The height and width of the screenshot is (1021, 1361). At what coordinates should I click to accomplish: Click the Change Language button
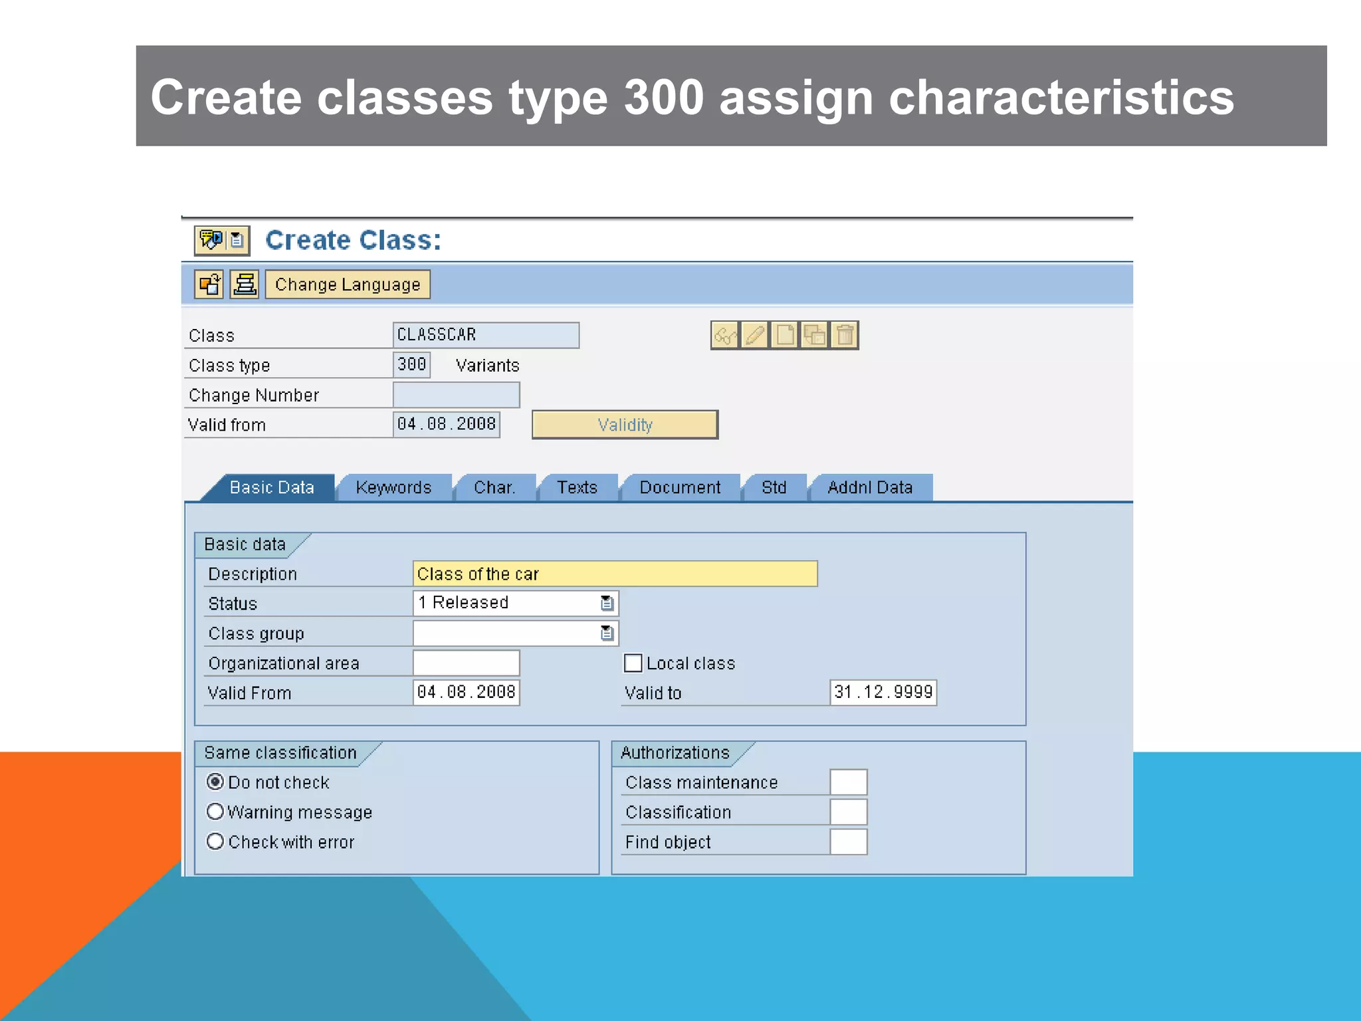coord(348,284)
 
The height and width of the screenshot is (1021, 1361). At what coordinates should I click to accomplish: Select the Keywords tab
coord(393,487)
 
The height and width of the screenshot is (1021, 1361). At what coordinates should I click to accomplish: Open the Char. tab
coord(494,487)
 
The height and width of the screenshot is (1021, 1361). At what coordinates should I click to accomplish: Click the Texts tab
coord(577,487)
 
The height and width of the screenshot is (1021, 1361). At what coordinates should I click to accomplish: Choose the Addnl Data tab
coord(869,487)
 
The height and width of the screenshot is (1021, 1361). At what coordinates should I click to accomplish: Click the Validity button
coord(625,425)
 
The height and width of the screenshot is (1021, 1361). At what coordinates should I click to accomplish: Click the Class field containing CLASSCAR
coord(485,335)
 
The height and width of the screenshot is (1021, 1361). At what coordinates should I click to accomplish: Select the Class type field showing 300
coord(411,364)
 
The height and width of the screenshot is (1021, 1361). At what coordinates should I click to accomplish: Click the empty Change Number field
coord(456,395)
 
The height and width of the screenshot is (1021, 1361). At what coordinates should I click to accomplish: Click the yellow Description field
coord(615,574)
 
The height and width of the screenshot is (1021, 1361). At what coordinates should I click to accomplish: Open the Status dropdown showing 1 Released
coord(607,603)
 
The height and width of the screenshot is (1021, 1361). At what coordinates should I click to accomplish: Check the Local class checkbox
coord(633,663)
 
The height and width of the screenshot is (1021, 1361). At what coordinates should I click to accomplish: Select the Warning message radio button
coord(215,812)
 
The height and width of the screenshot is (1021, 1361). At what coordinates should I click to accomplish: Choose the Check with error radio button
coord(215,842)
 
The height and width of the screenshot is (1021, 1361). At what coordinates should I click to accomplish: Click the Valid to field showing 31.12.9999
coord(883,693)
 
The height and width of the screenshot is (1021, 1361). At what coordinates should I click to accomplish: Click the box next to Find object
coord(848,842)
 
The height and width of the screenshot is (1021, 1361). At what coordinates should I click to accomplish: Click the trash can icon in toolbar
coord(845,335)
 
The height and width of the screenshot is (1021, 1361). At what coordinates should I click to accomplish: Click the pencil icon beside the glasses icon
coord(754,335)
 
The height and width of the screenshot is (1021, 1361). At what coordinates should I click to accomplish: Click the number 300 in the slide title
coord(663,98)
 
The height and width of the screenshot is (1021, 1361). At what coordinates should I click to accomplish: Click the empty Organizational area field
coord(466,663)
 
